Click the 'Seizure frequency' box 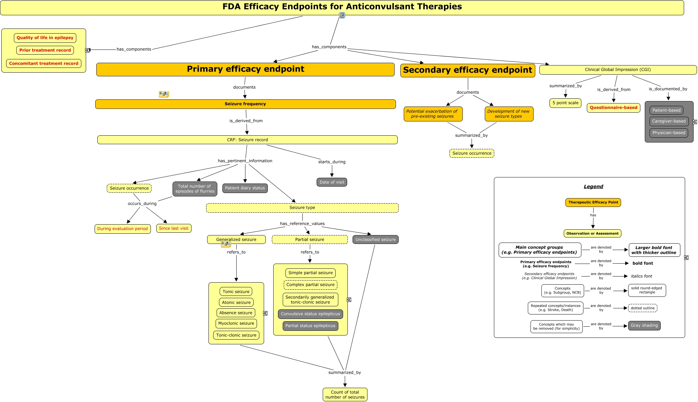[x=245, y=104]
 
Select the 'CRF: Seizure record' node [x=247, y=140]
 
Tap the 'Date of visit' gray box [x=332, y=182]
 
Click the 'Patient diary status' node [x=245, y=188]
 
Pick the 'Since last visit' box [x=174, y=228]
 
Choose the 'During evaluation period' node [x=122, y=229]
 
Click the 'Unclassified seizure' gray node [x=375, y=240]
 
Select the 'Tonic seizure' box [x=236, y=292]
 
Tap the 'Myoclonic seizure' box [x=236, y=324]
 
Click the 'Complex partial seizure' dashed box [x=310, y=285]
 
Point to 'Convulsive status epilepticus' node [x=310, y=314]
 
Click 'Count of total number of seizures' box [x=345, y=395]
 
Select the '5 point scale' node [x=565, y=103]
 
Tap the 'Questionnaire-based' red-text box [x=613, y=108]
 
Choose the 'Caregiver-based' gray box [x=669, y=121]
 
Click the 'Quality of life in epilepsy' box [x=45, y=38]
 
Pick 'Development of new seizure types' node [x=508, y=114]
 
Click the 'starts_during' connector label [x=332, y=162]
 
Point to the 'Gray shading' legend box [x=644, y=326]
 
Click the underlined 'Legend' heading [x=593, y=187]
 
